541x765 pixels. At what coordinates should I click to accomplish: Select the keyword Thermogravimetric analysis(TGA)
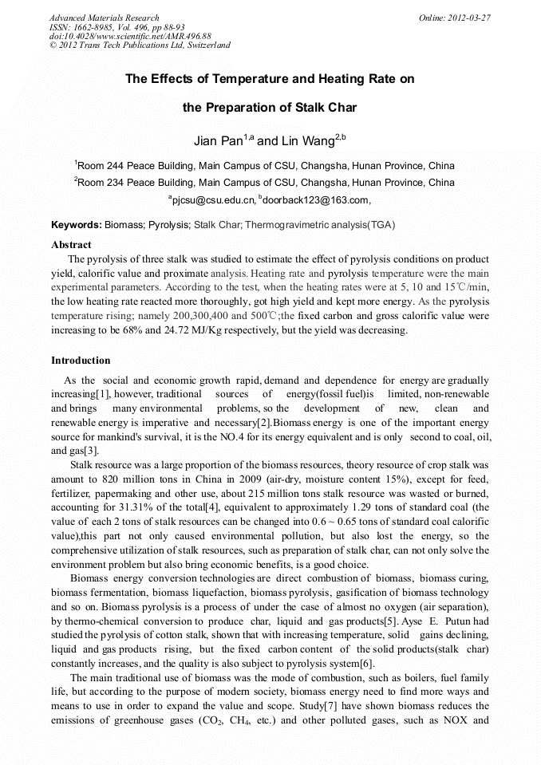tap(320, 225)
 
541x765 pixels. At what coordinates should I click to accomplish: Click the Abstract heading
tap(71, 245)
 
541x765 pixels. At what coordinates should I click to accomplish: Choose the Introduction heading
tap(81, 361)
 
